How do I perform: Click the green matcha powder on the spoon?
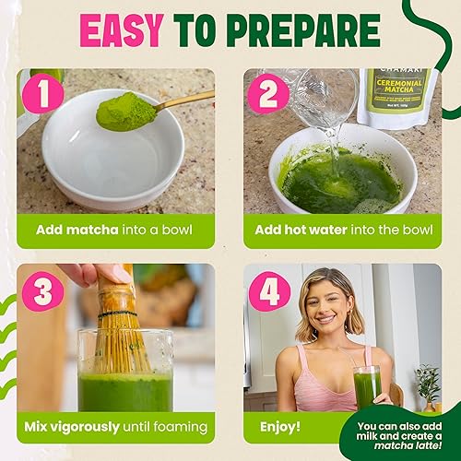point(125,112)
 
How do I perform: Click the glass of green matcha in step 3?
point(125,387)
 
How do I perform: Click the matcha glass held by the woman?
point(367,386)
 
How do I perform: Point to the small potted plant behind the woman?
point(428,387)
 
